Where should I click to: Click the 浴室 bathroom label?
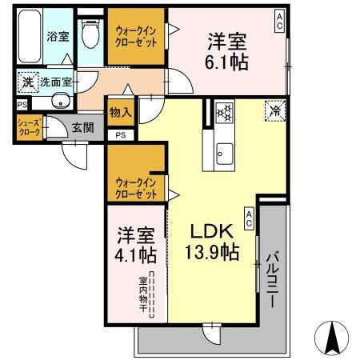point(57,35)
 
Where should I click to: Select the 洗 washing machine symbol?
point(28,81)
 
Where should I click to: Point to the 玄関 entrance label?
point(82,127)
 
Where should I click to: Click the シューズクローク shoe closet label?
point(28,127)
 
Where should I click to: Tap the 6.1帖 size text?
point(226,64)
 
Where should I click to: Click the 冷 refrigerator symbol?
point(274,110)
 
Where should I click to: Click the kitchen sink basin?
point(223,149)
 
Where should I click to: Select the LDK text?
point(211,232)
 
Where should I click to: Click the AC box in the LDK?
point(249,218)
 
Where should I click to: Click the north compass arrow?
point(334,337)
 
